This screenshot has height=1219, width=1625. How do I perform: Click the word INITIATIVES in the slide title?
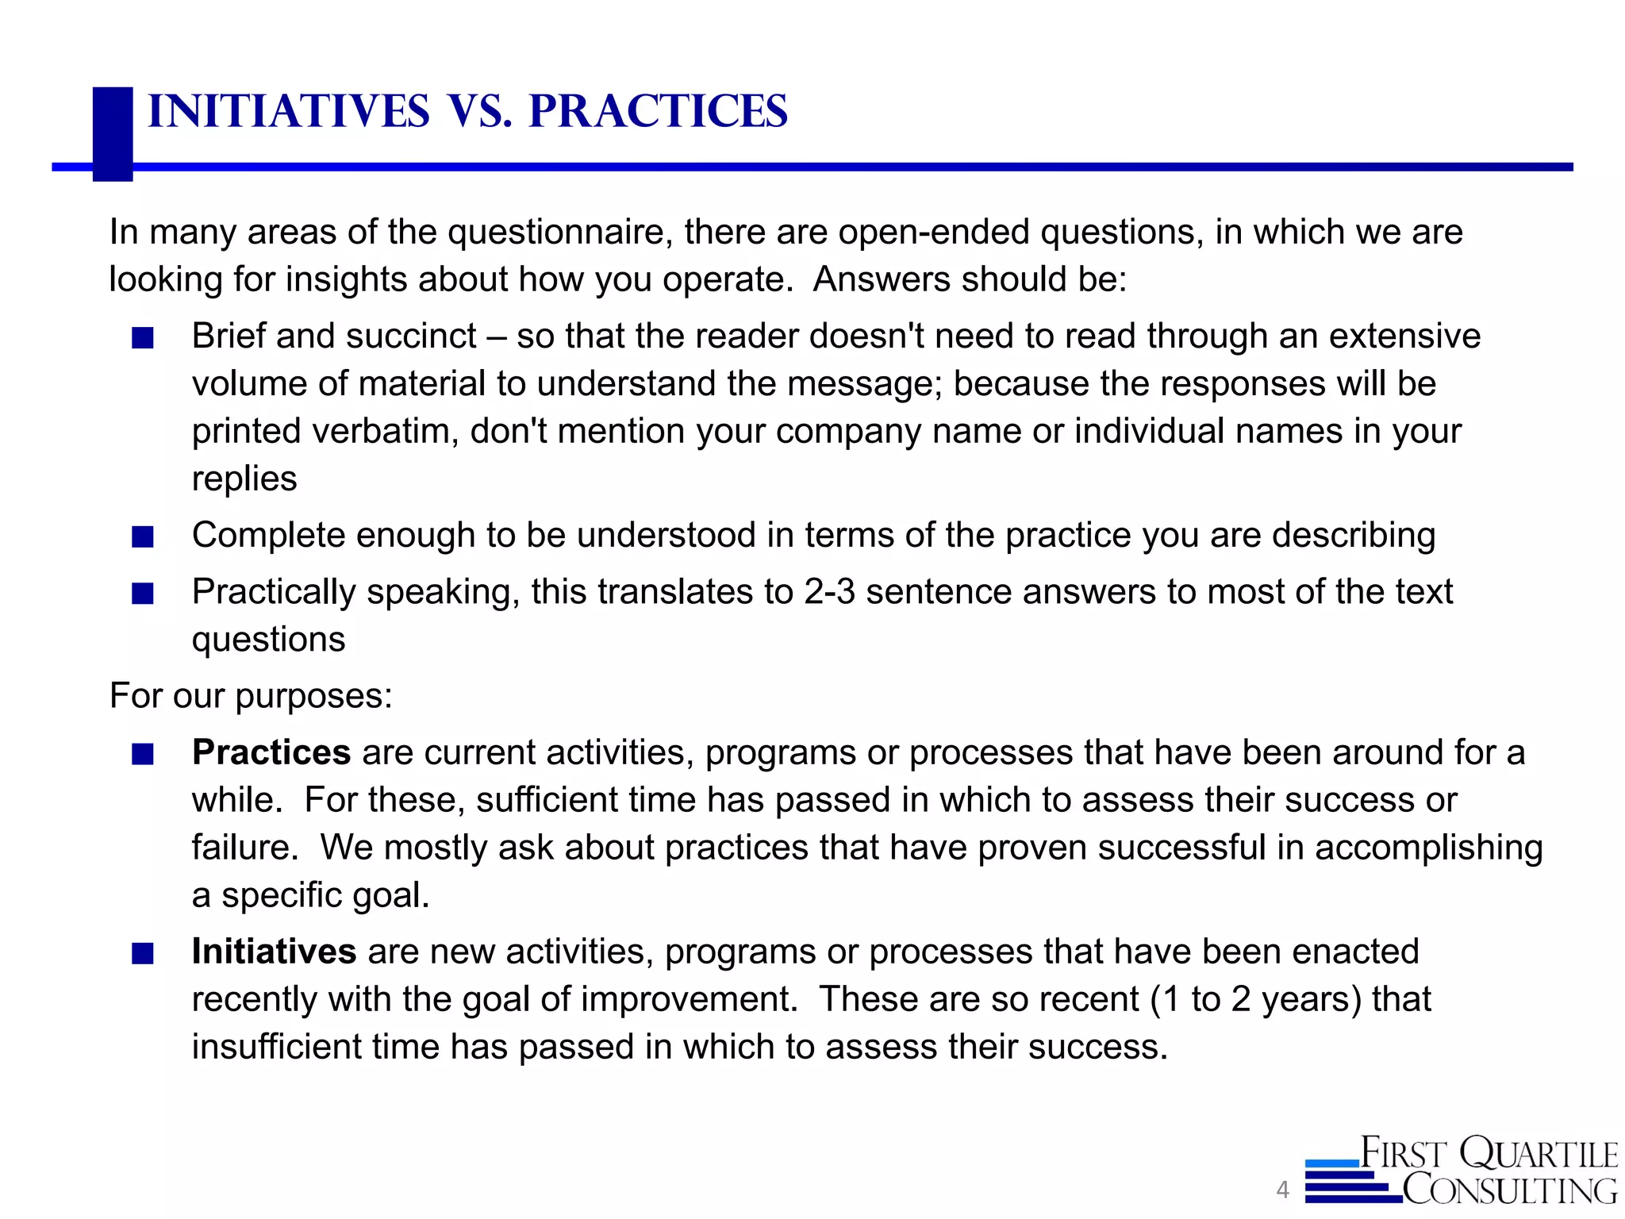288,111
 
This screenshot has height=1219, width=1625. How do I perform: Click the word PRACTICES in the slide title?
658,111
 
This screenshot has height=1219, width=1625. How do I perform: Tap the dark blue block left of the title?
113,133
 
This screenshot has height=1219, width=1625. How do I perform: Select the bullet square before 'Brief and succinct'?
143,339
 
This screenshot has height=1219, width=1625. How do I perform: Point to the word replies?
244,479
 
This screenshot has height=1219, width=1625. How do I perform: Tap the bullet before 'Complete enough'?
143,538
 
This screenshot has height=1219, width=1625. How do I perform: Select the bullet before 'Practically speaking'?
143,594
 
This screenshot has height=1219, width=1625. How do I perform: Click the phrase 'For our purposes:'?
251,696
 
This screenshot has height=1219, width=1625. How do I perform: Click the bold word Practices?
271,752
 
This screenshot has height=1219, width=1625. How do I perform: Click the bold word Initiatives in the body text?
274,952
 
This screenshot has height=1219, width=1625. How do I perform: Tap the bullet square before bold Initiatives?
143,954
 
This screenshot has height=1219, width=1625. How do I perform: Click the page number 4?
1282,1190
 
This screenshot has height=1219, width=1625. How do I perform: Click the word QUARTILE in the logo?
1538,1154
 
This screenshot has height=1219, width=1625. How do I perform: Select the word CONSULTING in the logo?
1509,1190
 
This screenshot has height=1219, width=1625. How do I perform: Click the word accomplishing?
1428,848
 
